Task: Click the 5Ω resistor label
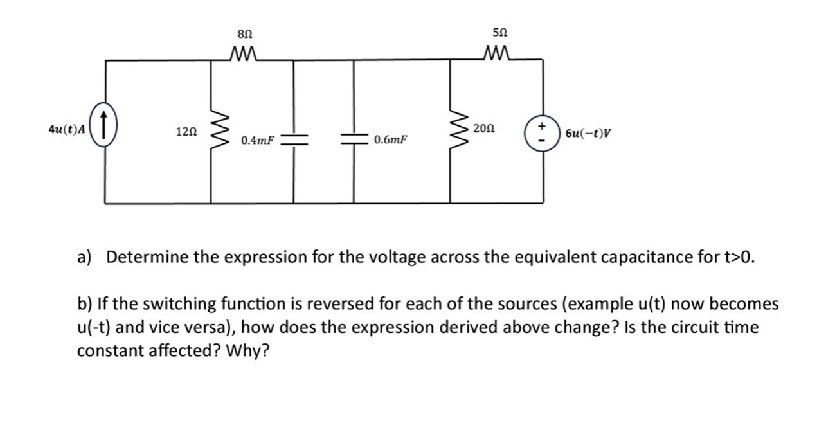pos(500,32)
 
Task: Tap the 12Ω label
pos(186,132)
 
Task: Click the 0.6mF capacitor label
pos(390,140)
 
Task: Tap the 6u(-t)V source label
pos(588,134)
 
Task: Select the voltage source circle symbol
pos(542,132)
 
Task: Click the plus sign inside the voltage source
pos(542,125)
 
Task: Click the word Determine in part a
pos(147,258)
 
